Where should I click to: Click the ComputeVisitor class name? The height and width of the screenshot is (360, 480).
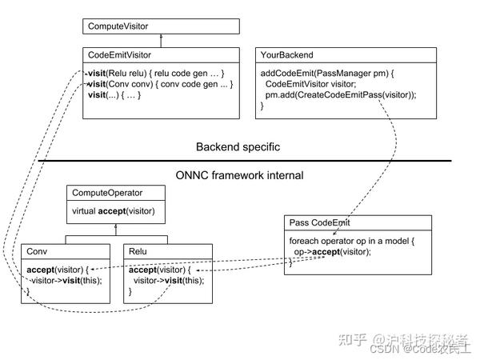[x=117, y=26]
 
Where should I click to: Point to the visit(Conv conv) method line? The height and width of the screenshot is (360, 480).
[x=159, y=83]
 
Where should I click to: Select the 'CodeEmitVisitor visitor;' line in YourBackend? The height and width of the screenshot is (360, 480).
[x=315, y=83]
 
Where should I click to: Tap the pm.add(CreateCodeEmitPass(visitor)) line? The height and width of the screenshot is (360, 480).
[x=341, y=94]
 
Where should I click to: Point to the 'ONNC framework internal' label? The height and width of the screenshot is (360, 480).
[x=240, y=174]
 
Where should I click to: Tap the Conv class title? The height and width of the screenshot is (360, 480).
[x=37, y=250]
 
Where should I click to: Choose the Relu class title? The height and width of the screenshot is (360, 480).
[x=140, y=250]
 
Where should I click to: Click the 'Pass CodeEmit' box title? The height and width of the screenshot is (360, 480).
[x=320, y=222]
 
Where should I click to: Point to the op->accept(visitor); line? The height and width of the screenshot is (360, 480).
[x=333, y=250]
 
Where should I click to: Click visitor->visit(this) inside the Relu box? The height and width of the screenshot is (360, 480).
[x=169, y=280]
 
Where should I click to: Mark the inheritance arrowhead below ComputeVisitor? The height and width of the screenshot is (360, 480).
[x=162, y=38]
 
